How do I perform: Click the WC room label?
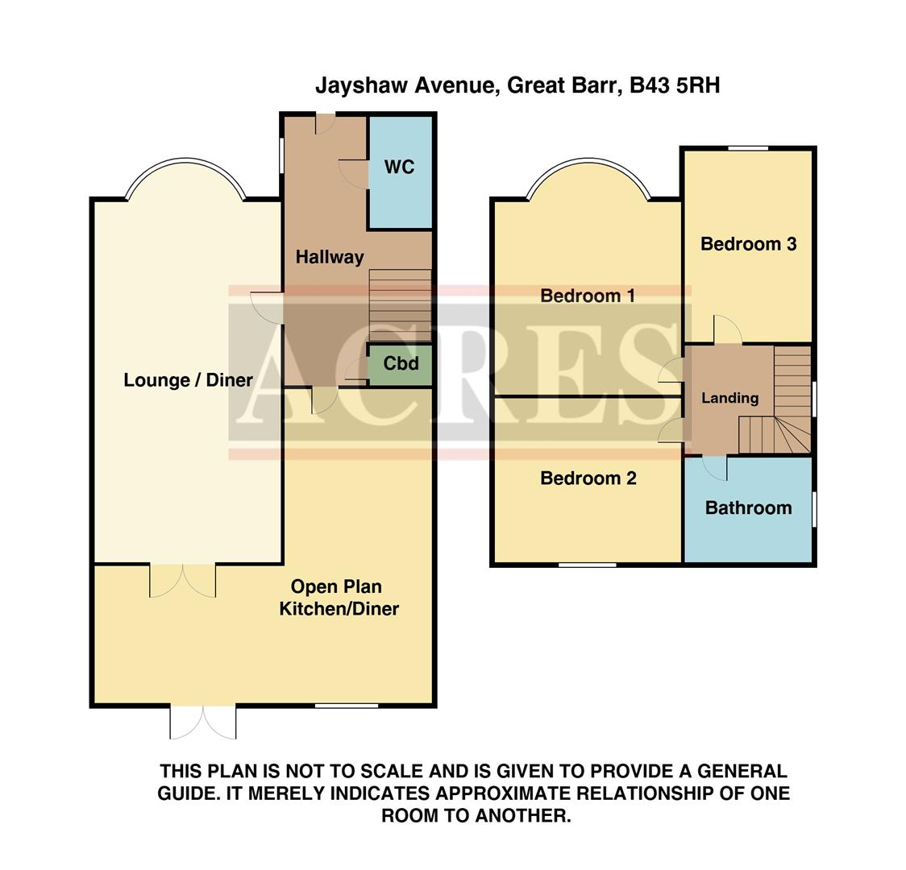pos(399,168)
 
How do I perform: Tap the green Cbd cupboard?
pos(401,364)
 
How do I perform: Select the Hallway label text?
pos(329,258)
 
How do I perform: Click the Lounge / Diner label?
pos(188,380)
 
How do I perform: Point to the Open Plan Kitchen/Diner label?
pos(339,598)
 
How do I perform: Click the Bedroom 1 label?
pos(588,296)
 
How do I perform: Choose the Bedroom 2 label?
pos(588,478)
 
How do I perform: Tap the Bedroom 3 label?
pos(748,244)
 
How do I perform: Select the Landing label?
pos(729,398)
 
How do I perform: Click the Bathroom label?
pos(748,508)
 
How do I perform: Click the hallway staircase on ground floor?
pos(400,306)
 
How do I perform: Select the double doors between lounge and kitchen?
pos(183,580)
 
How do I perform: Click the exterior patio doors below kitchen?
pos(203,723)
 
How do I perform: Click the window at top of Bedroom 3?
pos(748,148)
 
